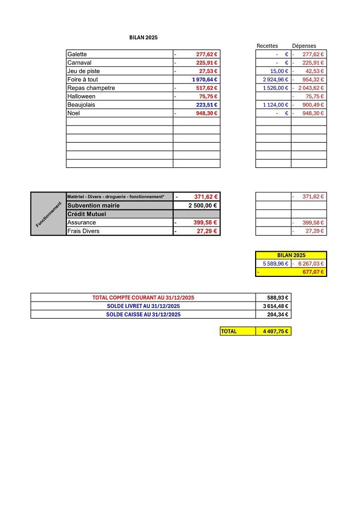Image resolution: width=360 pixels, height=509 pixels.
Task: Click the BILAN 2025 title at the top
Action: (143, 38)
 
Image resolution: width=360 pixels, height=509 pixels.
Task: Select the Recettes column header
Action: (267, 46)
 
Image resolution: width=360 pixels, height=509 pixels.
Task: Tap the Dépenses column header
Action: (304, 46)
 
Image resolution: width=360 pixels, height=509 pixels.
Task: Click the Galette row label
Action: (77, 54)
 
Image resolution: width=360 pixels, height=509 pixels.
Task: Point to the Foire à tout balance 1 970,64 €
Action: (205, 80)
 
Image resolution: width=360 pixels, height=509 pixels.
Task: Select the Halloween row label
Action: (81, 96)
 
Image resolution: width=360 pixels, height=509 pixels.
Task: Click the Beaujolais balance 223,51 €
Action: (207, 105)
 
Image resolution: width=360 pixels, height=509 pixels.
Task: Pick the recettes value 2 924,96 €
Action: (275, 80)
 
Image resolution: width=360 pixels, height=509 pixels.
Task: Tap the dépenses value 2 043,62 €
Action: (310, 88)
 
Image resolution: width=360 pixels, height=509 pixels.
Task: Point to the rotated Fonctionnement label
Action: (48, 214)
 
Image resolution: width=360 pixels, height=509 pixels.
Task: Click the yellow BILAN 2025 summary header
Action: (291, 255)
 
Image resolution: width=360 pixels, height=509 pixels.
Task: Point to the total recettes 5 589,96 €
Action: (275, 264)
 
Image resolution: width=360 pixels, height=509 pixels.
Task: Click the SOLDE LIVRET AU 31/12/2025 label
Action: (143, 306)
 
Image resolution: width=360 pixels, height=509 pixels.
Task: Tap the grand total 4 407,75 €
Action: (275, 331)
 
